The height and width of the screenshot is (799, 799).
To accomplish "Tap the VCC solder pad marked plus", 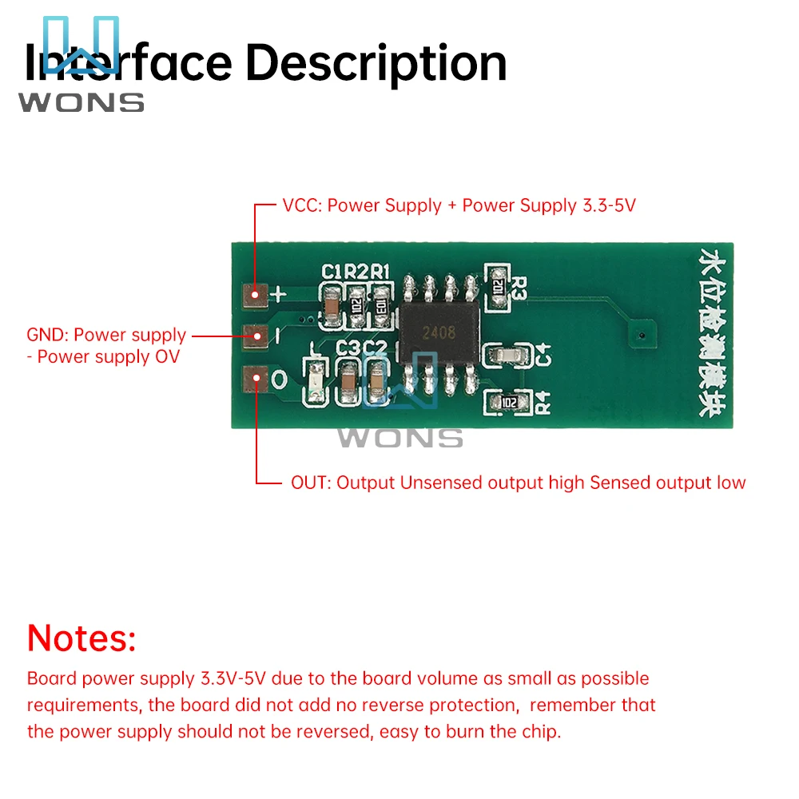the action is (x=256, y=295).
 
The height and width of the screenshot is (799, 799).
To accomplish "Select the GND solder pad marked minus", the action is (x=256, y=336).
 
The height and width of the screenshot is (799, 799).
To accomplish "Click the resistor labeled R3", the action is (x=498, y=285).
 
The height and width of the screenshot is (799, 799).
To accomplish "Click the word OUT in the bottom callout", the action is (x=309, y=483).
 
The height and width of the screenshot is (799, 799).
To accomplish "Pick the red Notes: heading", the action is (x=81, y=638).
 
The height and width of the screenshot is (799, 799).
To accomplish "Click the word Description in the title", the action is (x=376, y=63).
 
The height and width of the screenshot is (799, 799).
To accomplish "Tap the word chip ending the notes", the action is (x=542, y=732).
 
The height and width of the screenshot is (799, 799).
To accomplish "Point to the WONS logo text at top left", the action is (x=81, y=102).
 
